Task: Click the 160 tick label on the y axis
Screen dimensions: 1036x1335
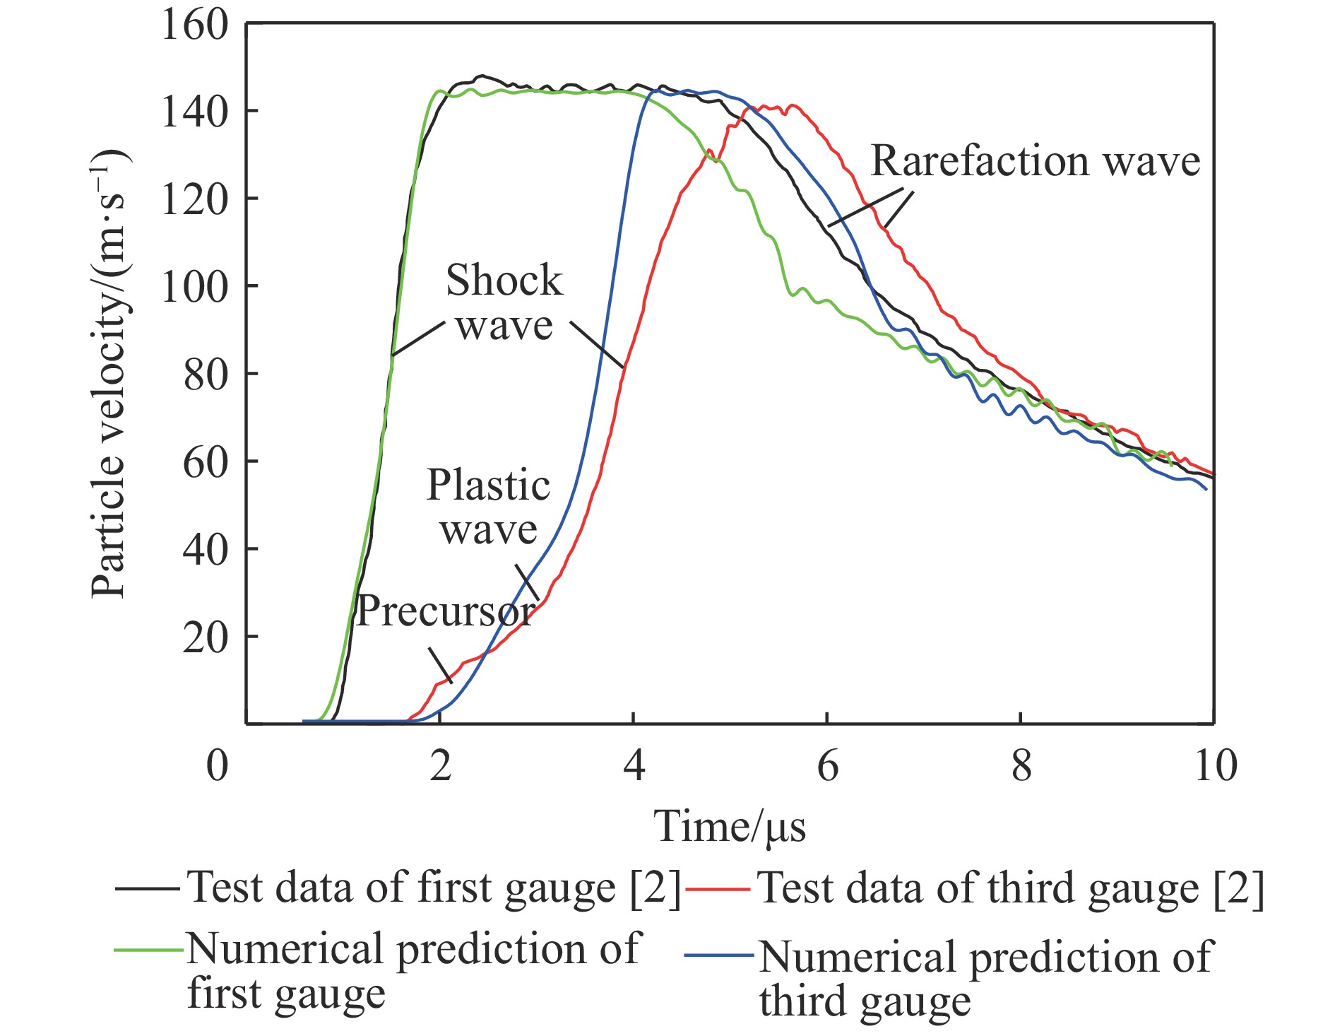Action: (x=185, y=25)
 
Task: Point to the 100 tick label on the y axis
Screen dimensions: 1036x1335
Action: (x=185, y=287)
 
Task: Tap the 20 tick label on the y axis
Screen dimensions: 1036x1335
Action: (x=205, y=637)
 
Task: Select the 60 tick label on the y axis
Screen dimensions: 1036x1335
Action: (x=205, y=462)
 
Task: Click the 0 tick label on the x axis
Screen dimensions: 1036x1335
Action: (x=218, y=765)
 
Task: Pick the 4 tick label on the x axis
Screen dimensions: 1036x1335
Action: (x=634, y=765)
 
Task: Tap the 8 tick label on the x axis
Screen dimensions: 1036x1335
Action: (x=1021, y=765)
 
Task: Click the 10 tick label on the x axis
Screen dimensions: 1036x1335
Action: (x=1215, y=765)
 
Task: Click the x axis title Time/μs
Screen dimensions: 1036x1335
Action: (x=730, y=826)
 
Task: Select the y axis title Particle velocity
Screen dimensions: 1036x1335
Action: (x=110, y=375)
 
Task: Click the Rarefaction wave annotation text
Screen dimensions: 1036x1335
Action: (x=1035, y=161)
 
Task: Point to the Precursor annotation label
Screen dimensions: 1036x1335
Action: (x=445, y=611)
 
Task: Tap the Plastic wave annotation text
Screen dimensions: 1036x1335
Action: (x=488, y=507)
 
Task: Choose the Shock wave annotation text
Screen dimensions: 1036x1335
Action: (x=504, y=302)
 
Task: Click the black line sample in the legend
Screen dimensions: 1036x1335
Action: (x=147, y=888)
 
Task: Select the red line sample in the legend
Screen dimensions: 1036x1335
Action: (x=717, y=888)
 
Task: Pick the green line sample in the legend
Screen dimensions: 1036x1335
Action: (x=147, y=949)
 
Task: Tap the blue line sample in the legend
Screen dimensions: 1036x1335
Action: (x=718, y=956)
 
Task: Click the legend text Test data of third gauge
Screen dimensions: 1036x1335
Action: (x=1010, y=888)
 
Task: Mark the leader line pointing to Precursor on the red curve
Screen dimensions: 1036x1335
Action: (x=440, y=665)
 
